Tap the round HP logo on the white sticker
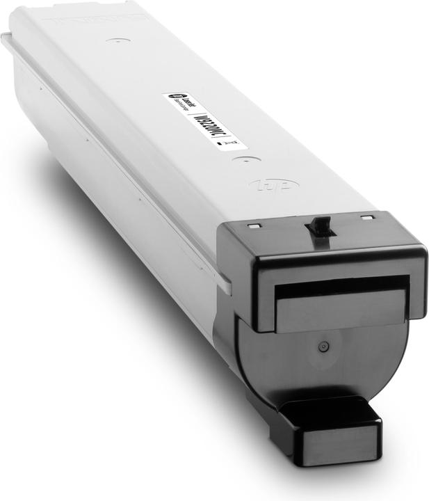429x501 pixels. [x=172, y=98]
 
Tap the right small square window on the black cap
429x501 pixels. [x=366, y=218]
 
